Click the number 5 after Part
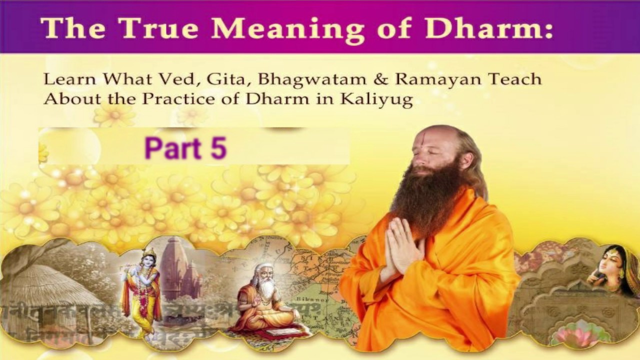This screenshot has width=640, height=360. (218, 149)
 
